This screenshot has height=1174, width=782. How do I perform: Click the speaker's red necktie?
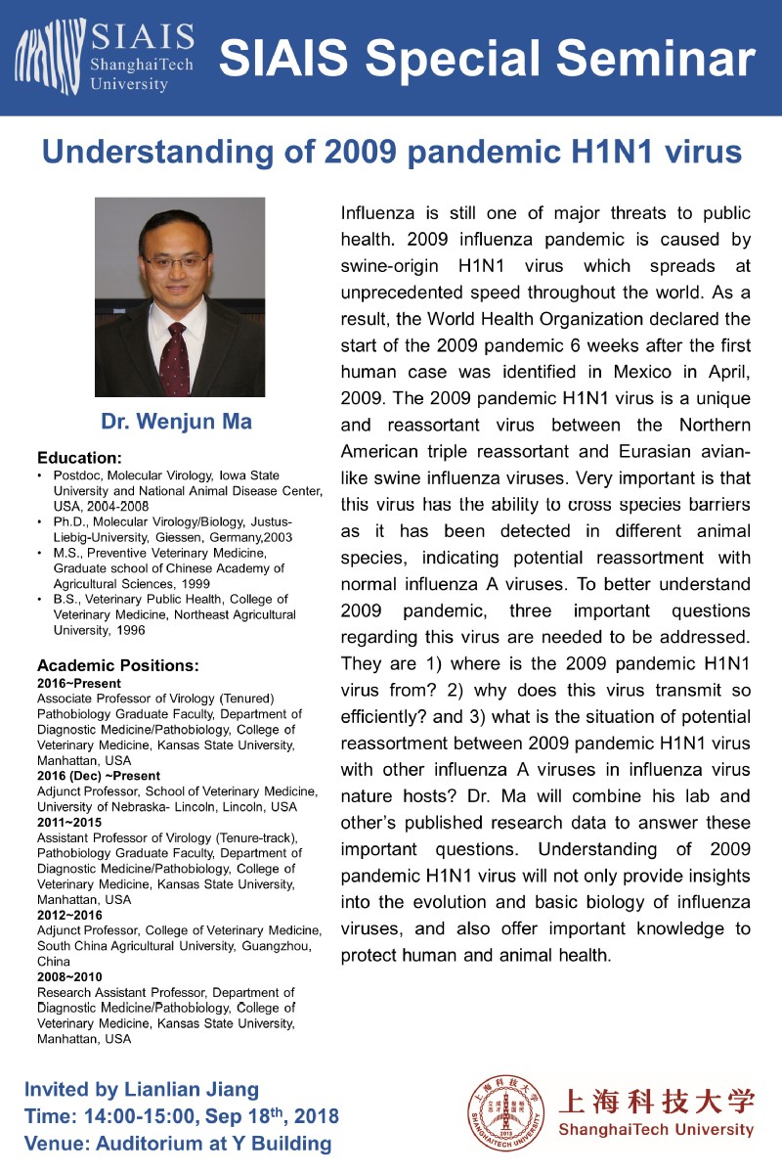click(x=175, y=352)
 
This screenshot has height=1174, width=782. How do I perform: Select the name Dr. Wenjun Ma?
click(x=176, y=423)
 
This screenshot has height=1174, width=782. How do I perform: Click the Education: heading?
click(x=79, y=457)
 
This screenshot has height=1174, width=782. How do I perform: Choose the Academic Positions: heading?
click(x=118, y=665)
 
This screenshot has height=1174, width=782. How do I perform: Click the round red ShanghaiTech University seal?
click(x=505, y=1116)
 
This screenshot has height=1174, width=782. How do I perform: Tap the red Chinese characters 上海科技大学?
click(x=656, y=1102)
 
